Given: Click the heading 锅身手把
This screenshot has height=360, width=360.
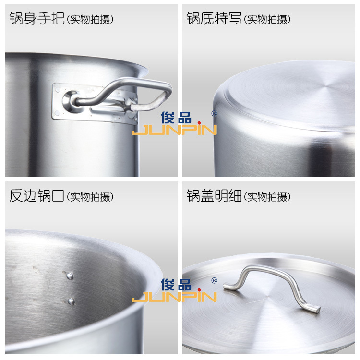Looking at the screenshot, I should coord(36,19).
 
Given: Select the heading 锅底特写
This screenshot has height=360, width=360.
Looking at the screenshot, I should coord(214,19).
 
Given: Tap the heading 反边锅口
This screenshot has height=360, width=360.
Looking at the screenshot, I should coord(36,196).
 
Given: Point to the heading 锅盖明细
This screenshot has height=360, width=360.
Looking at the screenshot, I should coord(214,196).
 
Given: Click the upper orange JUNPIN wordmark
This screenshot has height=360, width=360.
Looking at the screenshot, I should coord(174,130).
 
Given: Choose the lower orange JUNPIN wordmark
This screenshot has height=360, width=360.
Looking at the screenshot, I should coord(174,298).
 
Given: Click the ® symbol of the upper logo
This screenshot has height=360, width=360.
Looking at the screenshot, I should coord(214,113).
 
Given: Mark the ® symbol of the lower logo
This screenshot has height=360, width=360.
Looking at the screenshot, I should coord(214,281).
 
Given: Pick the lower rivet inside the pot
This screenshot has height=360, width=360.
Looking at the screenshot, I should coord(72,301).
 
